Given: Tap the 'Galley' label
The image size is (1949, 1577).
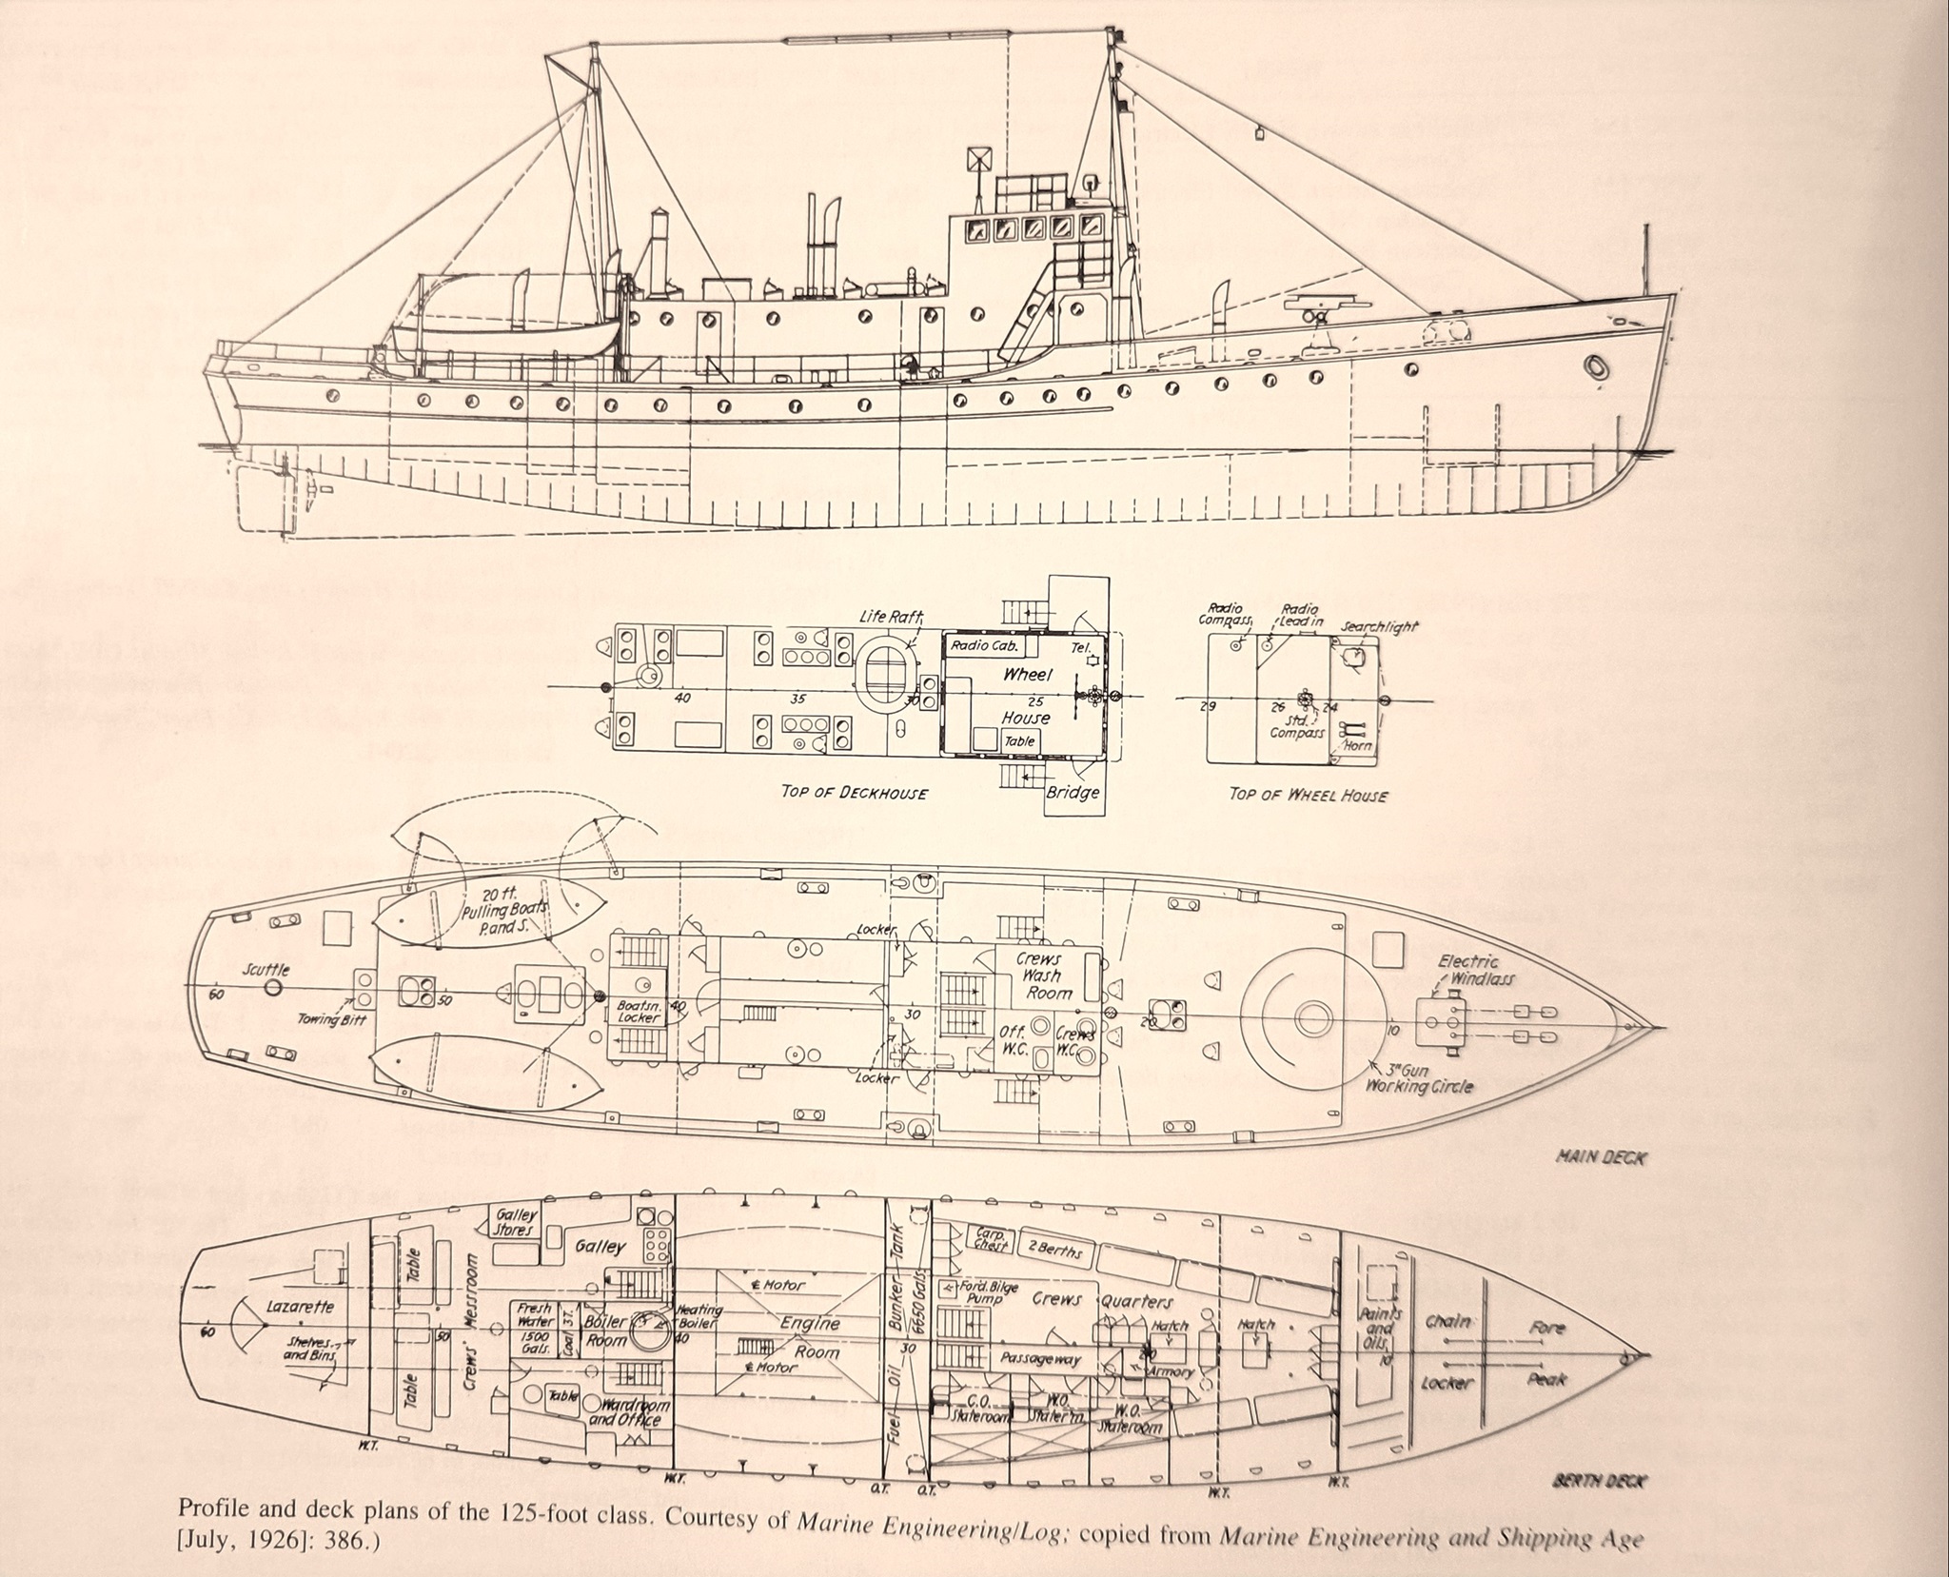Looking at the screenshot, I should pyautogui.click(x=601, y=1246).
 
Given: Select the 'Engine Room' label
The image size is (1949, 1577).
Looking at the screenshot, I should pyautogui.click(x=811, y=1337).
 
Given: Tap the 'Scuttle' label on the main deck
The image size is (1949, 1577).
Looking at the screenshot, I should pyautogui.click(x=266, y=970).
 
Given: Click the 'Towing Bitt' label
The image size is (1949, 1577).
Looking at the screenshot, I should pyautogui.click(x=330, y=1019).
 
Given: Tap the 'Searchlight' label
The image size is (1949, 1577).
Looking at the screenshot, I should pyautogui.click(x=1379, y=627).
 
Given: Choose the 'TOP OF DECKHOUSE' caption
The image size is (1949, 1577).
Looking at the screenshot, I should pyautogui.click(x=854, y=792).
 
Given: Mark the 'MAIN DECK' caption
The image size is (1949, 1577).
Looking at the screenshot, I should pyautogui.click(x=1599, y=1158).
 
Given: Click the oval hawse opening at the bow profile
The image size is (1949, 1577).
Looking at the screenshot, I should pyautogui.click(x=1596, y=366).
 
